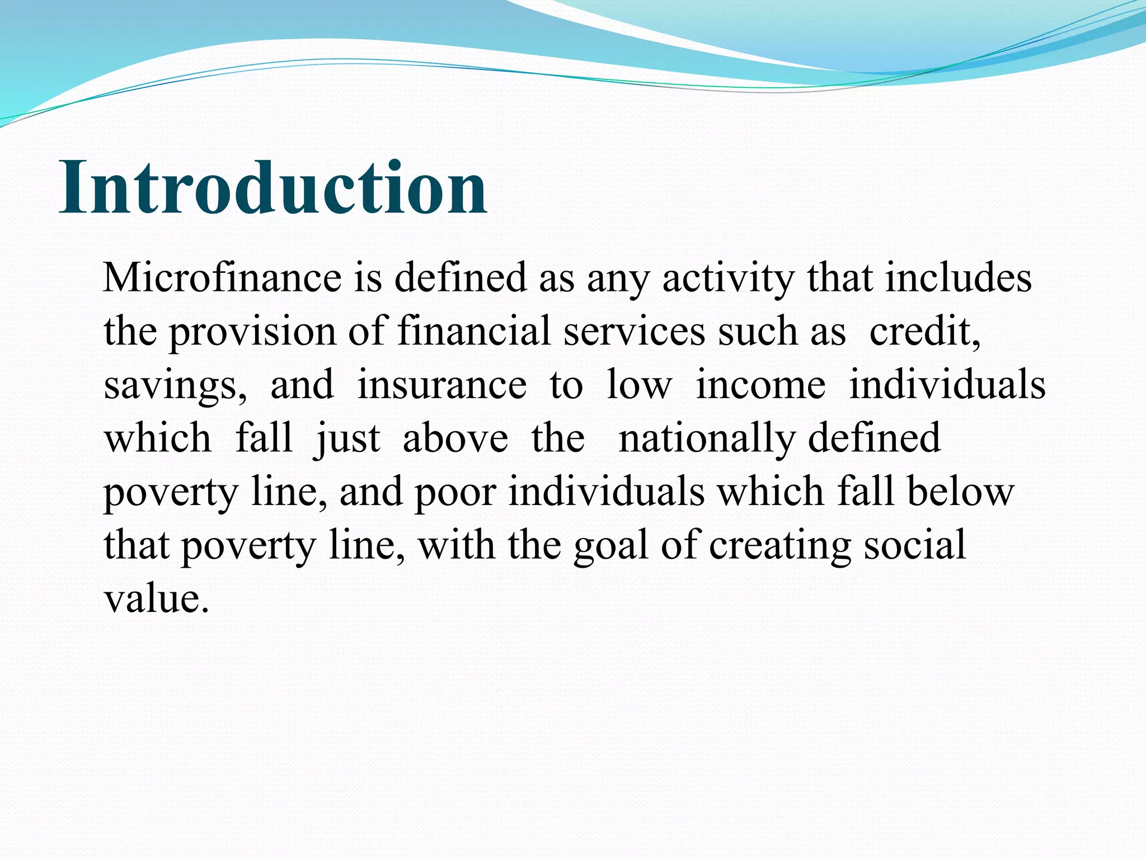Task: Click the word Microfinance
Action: tap(222, 278)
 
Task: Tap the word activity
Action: tap(728, 278)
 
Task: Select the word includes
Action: tap(958, 278)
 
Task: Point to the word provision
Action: tap(252, 332)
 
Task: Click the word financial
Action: tap(474, 332)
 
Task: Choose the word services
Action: tap(634, 332)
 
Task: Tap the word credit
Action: tap(924, 332)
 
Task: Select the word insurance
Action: tap(442, 386)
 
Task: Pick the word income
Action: tap(760, 386)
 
